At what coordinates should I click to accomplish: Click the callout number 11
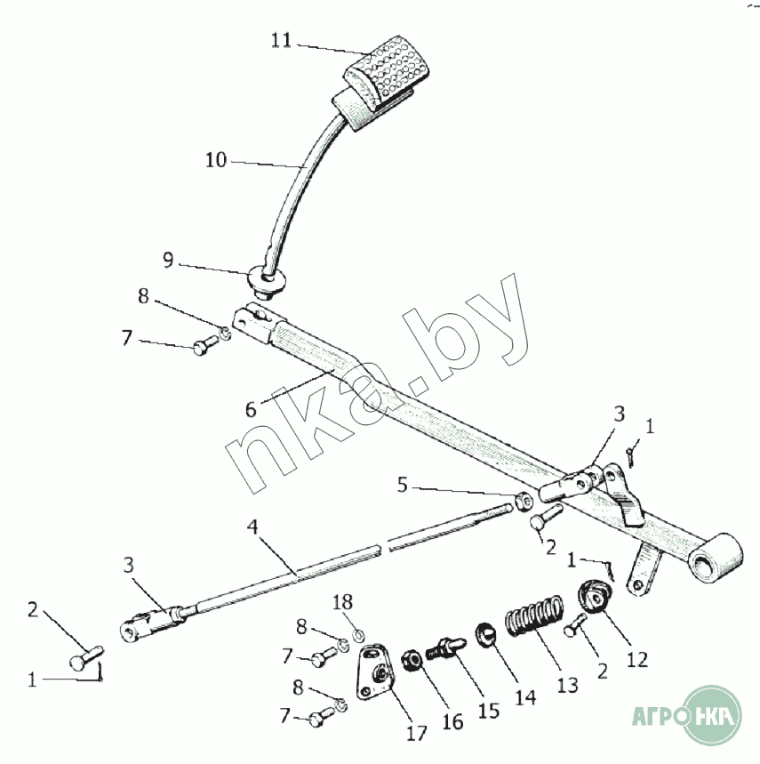(x=281, y=41)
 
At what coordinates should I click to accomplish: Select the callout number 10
(x=216, y=160)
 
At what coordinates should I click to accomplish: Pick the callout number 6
(x=252, y=409)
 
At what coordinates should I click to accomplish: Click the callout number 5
(x=403, y=486)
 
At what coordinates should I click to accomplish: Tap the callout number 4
(x=253, y=527)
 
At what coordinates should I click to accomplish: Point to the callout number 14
(x=526, y=696)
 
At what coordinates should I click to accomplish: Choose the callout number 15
(x=489, y=712)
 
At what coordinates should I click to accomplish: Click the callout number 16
(x=452, y=721)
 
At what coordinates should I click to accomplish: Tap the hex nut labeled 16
(x=412, y=661)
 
